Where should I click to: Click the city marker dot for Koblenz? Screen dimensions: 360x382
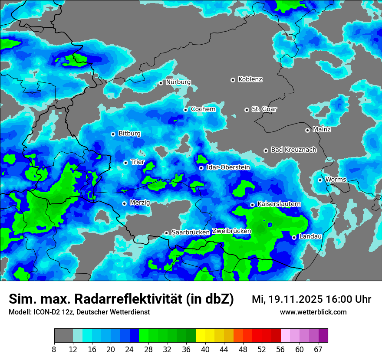(233, 80)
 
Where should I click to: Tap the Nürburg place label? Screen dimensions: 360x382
(178, 82)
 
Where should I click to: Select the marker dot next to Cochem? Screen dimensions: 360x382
(185, 110)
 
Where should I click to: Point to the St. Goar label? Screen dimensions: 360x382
(264, 109)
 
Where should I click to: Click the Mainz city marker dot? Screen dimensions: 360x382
(307, 130)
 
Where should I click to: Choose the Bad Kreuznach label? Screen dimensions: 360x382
(293, 150)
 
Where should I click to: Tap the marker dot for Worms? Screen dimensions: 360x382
(320, 180)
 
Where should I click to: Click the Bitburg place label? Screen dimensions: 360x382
(129, 134)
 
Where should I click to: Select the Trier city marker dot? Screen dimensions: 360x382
(125, 163)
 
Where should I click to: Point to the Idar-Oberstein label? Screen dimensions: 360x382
(228, 167)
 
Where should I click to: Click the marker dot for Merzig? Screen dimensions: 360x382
(124, 203)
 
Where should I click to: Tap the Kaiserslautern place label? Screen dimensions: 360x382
(279, 203)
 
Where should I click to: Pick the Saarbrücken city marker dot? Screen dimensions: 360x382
(166, 233)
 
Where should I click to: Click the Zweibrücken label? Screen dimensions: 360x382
(231, 231)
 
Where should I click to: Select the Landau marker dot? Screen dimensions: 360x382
(294, 237)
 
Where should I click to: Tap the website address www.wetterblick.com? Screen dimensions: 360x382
(313, 312)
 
